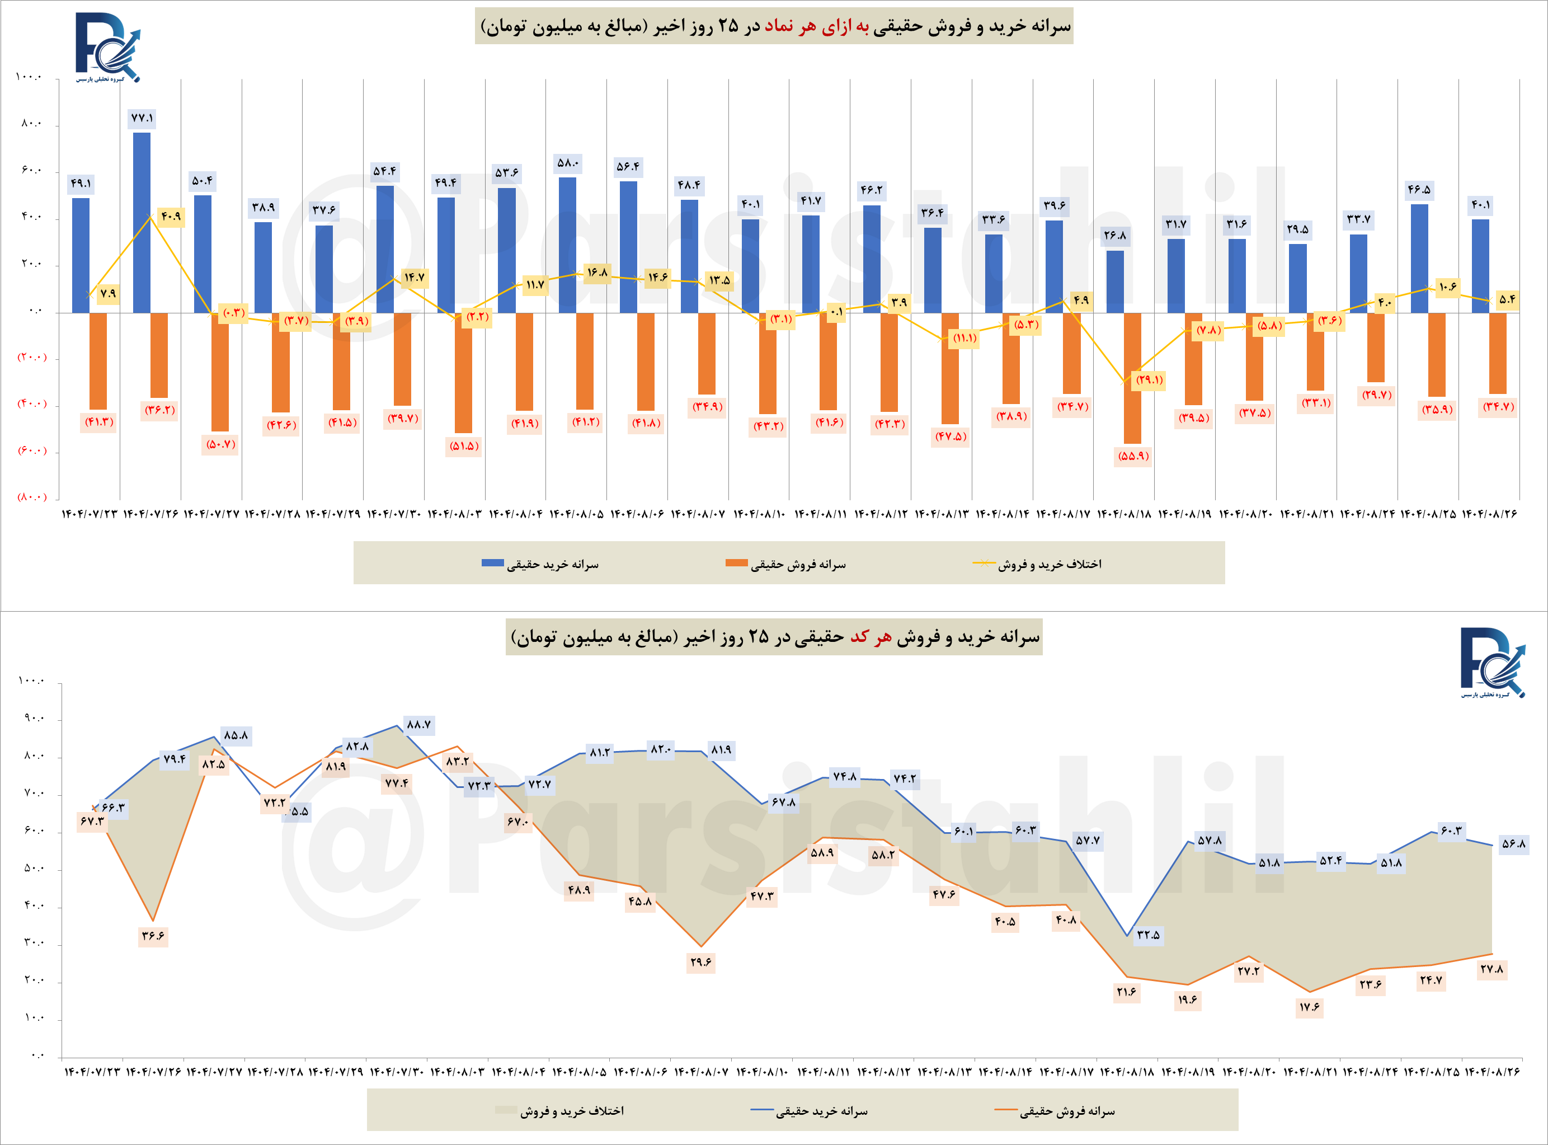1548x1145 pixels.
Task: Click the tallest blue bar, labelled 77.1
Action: coord(142,222)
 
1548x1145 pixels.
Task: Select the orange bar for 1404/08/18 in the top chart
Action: coord(1132,378)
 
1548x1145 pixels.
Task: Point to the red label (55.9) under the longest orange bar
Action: coord(1133,456)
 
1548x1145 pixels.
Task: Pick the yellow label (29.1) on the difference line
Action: coord(1149,380)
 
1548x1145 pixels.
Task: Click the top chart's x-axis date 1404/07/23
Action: coord(90,514)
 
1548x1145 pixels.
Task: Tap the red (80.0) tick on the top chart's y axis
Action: coord(32,497)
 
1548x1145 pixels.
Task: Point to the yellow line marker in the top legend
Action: coord(984,564)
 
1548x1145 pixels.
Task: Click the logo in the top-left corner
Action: coord(107,47)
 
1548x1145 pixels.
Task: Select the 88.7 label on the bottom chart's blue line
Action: coord(418,724)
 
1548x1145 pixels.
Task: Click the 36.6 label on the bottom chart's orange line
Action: coord(153,936)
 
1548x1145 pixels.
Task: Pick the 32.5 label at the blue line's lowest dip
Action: coord(1148,934)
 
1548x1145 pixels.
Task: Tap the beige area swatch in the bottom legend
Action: coord(505,1111)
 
